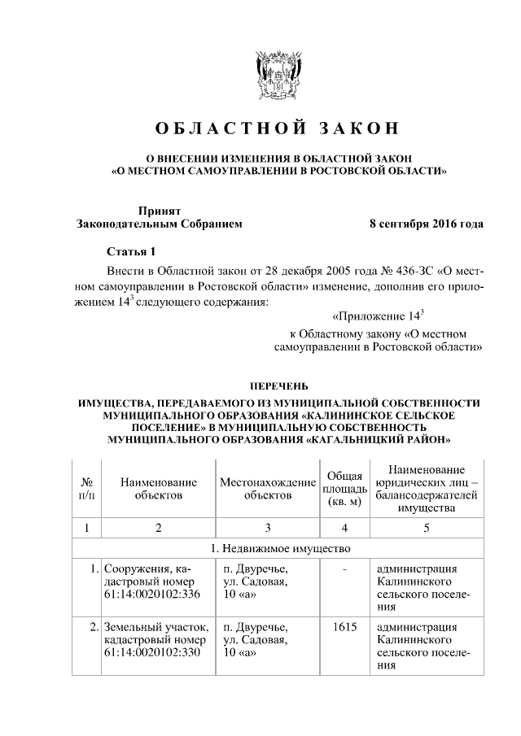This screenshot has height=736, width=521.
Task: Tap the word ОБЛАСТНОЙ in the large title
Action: point(230,128)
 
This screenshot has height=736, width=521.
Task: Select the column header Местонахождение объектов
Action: point(268,488)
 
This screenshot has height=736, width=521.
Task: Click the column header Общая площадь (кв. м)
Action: point(344,488)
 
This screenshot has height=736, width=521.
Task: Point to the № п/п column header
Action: point(87,488)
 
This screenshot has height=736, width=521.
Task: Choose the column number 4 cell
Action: point(344,528)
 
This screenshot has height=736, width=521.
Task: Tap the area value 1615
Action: point(344,628)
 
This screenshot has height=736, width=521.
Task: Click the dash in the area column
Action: point(344,569)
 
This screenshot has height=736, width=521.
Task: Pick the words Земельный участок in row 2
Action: point(155,628)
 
